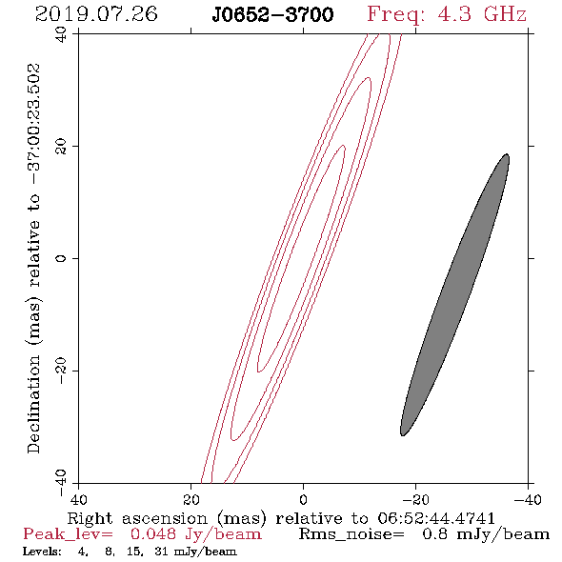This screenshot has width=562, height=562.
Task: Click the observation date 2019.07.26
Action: (x=96, y=14)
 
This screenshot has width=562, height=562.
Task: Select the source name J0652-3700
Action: (x=272, y=14)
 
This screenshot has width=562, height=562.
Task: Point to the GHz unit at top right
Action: (x=506, y=14)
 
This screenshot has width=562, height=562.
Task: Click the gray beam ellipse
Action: (x=454, y=294)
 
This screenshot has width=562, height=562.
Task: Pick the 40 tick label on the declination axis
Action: (x=61, y=34)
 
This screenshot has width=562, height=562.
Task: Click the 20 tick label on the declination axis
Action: (x=61, y=147)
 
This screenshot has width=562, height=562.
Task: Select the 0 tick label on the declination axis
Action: (x=61, y=258)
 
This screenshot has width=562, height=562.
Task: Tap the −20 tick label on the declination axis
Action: (x=61, y=371)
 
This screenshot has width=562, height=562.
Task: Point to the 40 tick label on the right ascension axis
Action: (x=78, y=499)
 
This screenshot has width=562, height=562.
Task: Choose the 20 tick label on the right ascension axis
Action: (x=191, y=499)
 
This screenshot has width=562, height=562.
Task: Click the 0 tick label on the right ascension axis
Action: (x=304, y=499)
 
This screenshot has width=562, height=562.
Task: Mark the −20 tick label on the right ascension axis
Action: (x=415, y=499)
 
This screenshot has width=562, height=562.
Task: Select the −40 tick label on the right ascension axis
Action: (x=528, y=499)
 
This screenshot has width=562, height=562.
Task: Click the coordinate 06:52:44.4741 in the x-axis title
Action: (x=436, y=518)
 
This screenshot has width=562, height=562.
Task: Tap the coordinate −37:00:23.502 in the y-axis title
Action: (x=34, y=125)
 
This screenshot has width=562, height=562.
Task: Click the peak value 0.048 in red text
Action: (x=153, y=534)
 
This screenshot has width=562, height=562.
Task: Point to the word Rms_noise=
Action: (x=351, y=534)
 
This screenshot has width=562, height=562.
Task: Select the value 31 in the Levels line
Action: (x=161, y=552)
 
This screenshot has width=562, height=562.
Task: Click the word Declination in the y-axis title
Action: (x=34, y=405)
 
